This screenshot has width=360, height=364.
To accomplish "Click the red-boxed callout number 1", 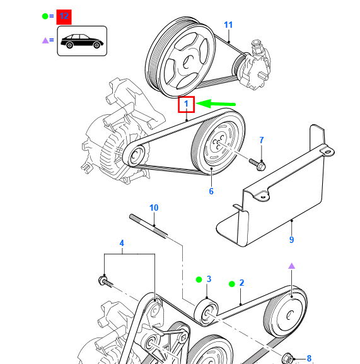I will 186,104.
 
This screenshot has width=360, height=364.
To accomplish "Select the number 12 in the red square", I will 64,17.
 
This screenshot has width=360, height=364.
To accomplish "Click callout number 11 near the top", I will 228,25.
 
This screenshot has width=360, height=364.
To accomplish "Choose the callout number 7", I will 261,139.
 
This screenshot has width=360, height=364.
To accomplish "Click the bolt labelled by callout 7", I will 258,163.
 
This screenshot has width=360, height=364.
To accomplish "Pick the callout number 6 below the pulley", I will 211,191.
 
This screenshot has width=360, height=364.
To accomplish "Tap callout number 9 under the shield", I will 291,240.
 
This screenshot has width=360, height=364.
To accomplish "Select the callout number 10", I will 154,208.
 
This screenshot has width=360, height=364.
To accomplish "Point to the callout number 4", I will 122,243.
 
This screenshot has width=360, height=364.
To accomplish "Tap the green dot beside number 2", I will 231,284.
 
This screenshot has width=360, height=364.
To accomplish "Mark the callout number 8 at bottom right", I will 309,358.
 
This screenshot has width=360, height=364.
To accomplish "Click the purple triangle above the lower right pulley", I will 291,266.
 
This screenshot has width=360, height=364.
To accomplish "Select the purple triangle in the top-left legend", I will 45,40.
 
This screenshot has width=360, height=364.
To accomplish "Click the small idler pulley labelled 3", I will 207,311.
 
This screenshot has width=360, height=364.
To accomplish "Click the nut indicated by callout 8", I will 287,356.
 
